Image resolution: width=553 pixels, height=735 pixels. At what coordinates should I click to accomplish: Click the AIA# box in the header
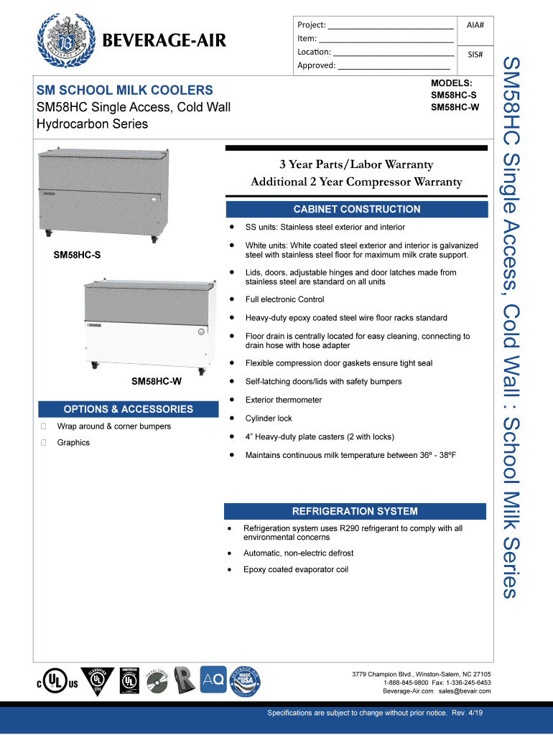pyautogui.click(x=475, y=25)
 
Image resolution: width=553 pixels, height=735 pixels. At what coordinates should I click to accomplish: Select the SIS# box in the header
pyautogui.click(x=475, y=55)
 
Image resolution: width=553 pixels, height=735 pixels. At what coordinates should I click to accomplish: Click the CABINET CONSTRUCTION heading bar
pyautogui.click(x=356, y=209)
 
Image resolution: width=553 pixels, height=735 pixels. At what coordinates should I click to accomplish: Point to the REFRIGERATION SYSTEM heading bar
pyautogui.click(x=354, y=511)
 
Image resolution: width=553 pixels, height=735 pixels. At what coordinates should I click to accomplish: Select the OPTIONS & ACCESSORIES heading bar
pyautogui.click(x=128, y=409)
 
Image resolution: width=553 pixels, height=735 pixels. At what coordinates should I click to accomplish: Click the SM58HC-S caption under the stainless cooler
pyautogui.click(x=77, y=255)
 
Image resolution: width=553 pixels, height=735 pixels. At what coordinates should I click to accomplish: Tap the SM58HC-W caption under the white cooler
pyautogui.click(x=156, y=382)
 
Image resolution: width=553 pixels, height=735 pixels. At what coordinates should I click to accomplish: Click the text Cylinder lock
pyautogui.click(x=269, y=418)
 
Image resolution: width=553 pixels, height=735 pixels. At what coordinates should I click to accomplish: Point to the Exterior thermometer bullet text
pyautogui.click(x=283, y=400)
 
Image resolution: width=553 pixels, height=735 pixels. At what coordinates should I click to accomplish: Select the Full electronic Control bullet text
pyautogui.click(x=284, y=299)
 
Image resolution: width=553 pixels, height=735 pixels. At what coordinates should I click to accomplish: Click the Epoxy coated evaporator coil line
pyautogui.click(x=296, y=570)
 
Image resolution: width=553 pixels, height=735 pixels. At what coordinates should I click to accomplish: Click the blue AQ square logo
pyautogui.click(x=213, y=678)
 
